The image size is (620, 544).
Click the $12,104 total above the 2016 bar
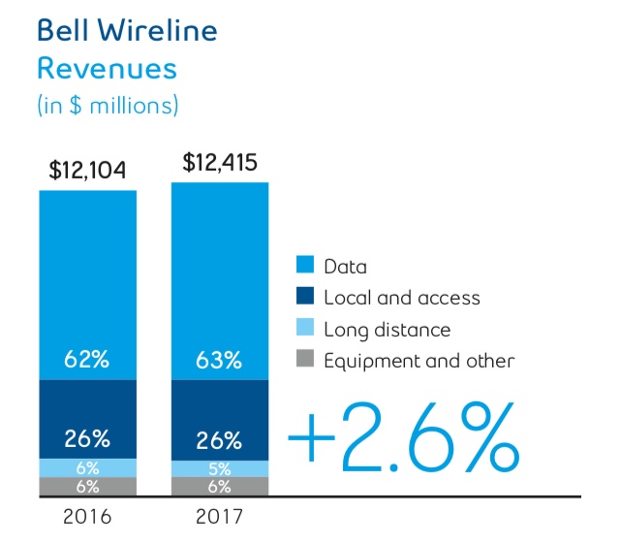coord(87,172)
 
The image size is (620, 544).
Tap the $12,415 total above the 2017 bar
coord(220,162)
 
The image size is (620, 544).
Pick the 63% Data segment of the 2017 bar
coord(220,281)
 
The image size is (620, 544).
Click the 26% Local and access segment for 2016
coord(87,419)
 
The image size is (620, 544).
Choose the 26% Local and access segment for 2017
coord(220,419)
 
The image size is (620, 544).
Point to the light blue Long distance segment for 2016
coord(87,467)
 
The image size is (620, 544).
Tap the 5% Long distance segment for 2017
coord(220,468)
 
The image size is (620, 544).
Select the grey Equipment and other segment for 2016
coord(87,487)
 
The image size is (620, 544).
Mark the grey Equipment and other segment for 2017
coord(220,487)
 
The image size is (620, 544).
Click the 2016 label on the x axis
coord(87,517)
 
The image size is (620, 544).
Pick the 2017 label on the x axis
coord(220,517)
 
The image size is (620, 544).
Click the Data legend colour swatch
coord(305,266)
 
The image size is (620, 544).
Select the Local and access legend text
coord(401,298)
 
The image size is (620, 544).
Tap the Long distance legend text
coord(387,330)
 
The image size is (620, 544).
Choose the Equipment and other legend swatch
coord(305,362)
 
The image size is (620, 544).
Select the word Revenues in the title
coord(107,69)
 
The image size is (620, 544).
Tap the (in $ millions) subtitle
coord(108,103)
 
